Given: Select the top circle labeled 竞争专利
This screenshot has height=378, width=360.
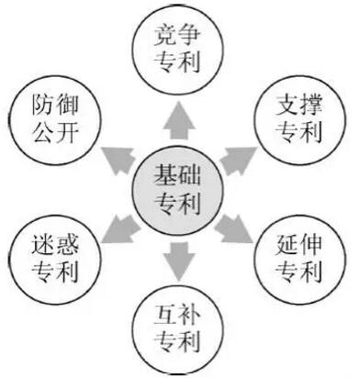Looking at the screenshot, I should (x=178, y=48).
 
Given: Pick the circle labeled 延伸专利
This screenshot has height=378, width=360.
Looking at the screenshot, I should (x=298, y=259).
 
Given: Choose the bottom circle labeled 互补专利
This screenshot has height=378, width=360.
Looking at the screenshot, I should (x=178, y=328).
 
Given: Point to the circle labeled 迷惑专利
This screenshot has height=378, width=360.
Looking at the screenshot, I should (x=55, y=261).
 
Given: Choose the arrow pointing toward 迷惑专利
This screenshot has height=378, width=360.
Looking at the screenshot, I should (x=118, y=223).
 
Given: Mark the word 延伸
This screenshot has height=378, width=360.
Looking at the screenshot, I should (x=298, y=245).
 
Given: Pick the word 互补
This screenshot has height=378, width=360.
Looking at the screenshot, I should (x=178, y=316).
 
